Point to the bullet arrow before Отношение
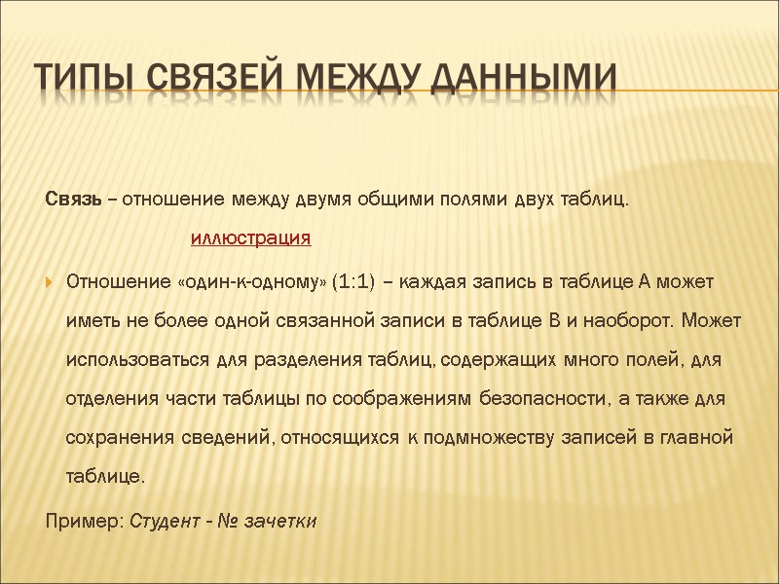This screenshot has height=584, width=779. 51,282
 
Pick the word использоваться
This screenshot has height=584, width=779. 128,360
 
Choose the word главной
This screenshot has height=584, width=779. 698,438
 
